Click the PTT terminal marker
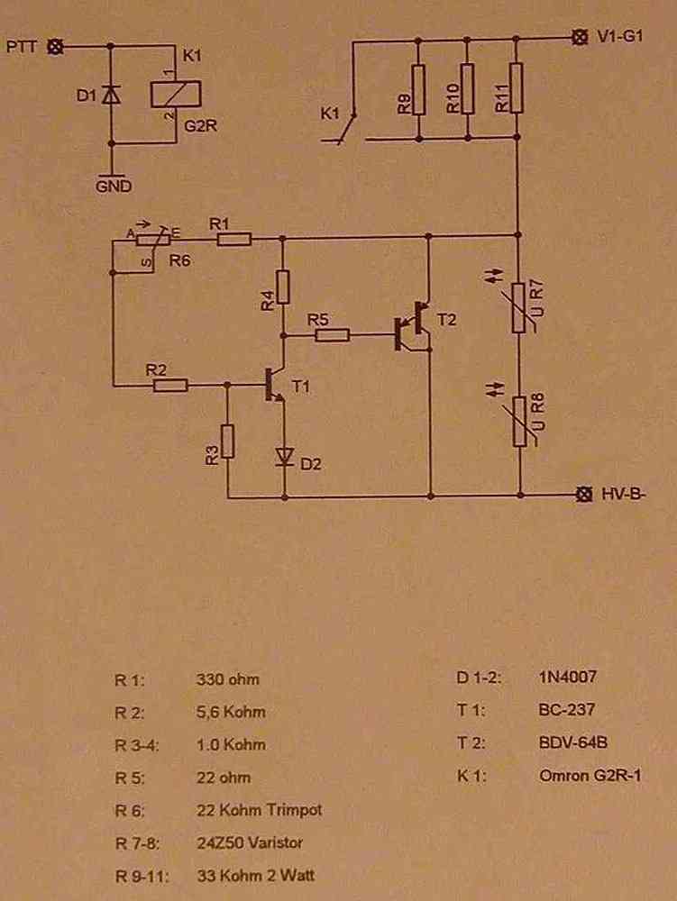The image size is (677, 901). (55, 47)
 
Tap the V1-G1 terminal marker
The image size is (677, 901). (580, 38)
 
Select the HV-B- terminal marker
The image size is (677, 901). (584, 494)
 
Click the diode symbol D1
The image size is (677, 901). (111, 96)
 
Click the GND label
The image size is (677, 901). (114, 187)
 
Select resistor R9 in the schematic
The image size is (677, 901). (418, 89)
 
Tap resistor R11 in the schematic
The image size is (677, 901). (516, 88)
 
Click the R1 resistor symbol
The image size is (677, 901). (233, 239)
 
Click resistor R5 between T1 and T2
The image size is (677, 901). (332, 334)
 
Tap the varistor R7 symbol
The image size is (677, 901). (519, 307)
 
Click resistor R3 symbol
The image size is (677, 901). (227, 441)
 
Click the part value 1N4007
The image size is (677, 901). (568, 677)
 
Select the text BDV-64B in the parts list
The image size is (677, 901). (573, 742)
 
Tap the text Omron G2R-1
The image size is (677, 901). (590, 776)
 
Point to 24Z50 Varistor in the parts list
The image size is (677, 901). (250, 843)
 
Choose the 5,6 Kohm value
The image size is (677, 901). (231, 712)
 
